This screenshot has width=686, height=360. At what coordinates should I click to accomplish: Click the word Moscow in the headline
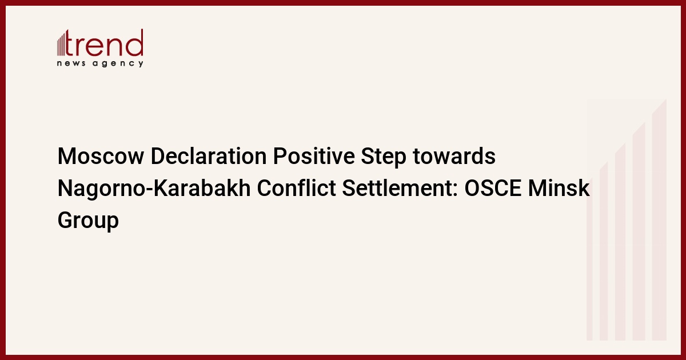(x=101, y=156)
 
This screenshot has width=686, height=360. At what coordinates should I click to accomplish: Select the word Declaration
(x=209, y=156)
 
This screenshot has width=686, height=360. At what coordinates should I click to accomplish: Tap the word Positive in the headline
(x=314, y=156)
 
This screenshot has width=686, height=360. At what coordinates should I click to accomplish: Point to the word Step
(x=384, y=157)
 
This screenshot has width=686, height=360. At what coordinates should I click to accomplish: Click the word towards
(x=454, y=156)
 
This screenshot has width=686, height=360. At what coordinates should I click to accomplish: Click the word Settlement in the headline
(x=397, y=188)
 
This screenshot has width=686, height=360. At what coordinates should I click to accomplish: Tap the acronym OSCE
(x=493, y=188)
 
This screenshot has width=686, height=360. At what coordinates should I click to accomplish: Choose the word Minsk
(x=559, y=188)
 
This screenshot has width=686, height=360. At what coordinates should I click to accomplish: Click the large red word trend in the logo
(x=104, y=43)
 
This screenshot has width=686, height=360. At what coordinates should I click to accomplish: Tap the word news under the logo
(x=71, y=63)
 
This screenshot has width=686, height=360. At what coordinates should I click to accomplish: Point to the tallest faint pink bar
(x=659, y=220)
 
